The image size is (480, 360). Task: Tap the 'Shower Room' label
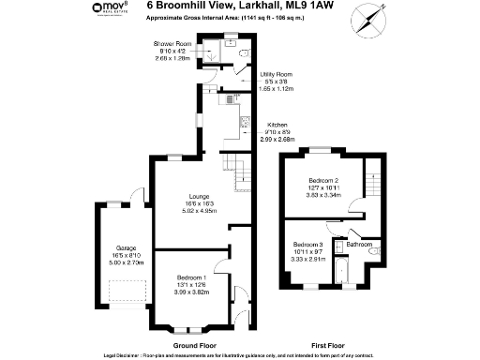[172, 44]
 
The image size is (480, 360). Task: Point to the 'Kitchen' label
[277, 125]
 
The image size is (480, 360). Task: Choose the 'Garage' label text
[124, 247]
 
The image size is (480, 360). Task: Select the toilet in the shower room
[243, 52]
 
